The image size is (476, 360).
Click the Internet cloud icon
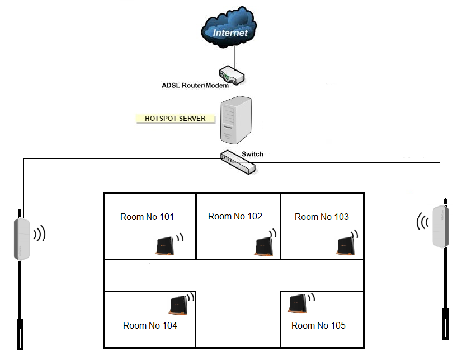pos(230,28)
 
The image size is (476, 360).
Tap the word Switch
pos(252,154)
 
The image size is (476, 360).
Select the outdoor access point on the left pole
pos(22,239)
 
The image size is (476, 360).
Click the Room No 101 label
pos(147,217)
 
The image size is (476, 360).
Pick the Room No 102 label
pos(235,216)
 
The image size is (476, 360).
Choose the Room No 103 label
pos(322,217)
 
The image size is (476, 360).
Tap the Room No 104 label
pos(150,325)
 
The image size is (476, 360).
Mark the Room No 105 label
pos(318,325)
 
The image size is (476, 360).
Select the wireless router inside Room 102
pos(263,247)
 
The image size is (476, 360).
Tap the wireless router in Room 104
pos(178,305)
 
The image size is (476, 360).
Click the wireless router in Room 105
pos(297,304)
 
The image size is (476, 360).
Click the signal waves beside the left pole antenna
pos(39,233)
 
